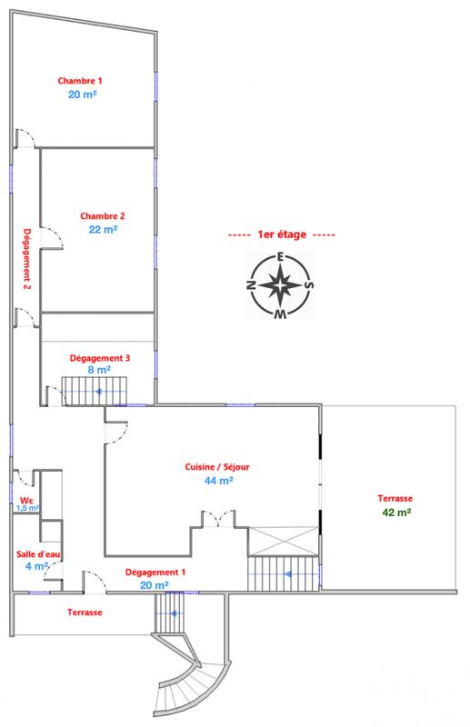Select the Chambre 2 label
click(102, 215)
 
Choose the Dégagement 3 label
click(99, 358)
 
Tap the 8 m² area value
click(99, 371)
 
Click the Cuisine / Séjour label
click(219, 467)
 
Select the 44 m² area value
click(219, 481)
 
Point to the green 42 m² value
click(396, 513)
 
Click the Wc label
click(26, 500)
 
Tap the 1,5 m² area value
click(26, 508)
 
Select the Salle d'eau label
click(37, 554)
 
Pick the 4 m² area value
click(35, 567)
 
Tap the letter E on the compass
click(282, 256)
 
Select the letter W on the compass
click(282, 315)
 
